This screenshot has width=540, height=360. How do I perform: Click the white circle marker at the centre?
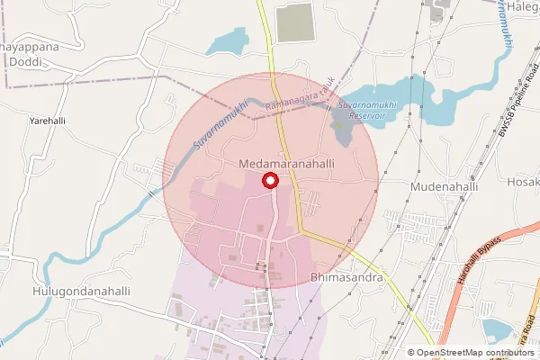269,182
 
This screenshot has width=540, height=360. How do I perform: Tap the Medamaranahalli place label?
288,165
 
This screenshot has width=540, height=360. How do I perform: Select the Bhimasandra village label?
346,278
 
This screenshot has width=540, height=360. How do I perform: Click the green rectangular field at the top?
294,22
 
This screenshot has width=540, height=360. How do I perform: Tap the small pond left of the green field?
227,42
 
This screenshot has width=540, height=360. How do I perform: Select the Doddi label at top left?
31,62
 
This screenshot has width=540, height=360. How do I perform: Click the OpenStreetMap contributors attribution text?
474,353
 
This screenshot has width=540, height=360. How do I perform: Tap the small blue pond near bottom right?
496,331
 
